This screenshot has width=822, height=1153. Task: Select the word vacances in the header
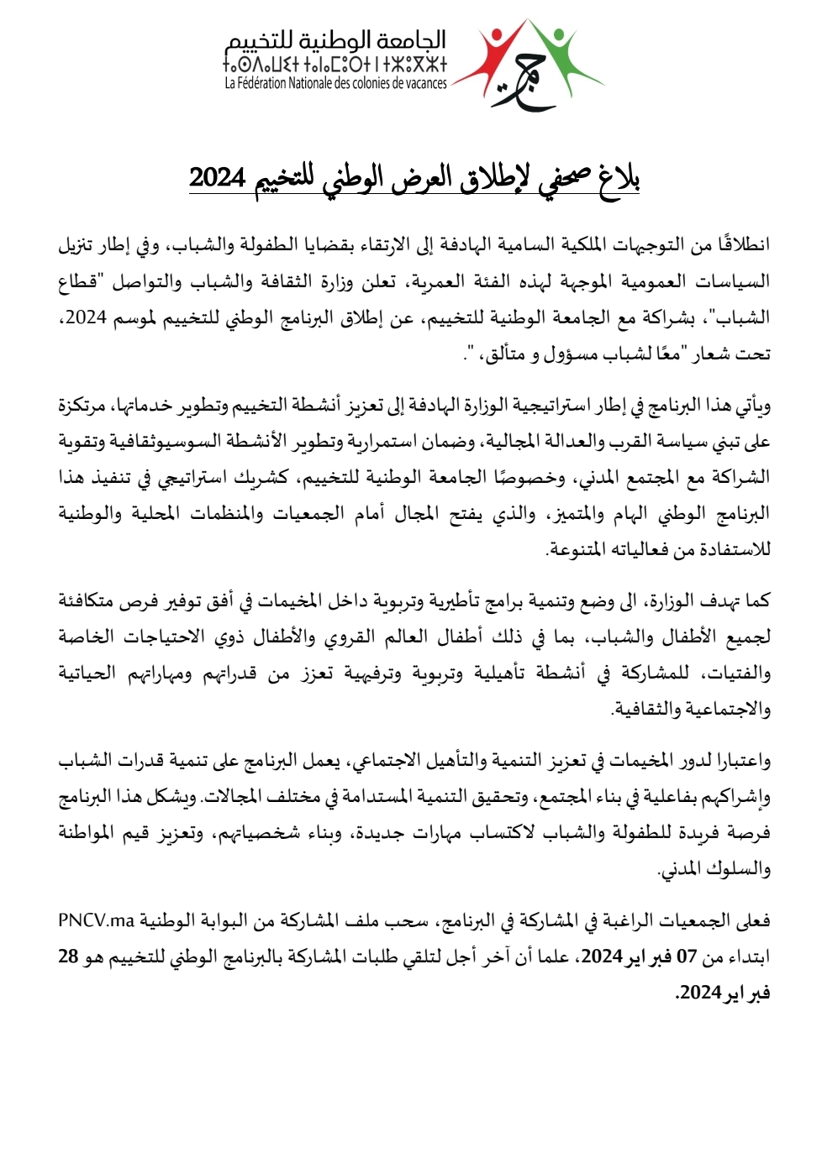coord(421,83)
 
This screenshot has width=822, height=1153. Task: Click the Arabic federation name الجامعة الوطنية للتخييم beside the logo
coord(335,39)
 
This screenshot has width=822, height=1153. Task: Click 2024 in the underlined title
coord(217,177)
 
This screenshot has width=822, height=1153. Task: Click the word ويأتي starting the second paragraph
coord(750,406)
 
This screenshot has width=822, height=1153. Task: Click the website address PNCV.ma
coord(97,920)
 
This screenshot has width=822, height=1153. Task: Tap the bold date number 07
coord(687,956)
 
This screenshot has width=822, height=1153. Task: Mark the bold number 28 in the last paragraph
coord(68,956)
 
